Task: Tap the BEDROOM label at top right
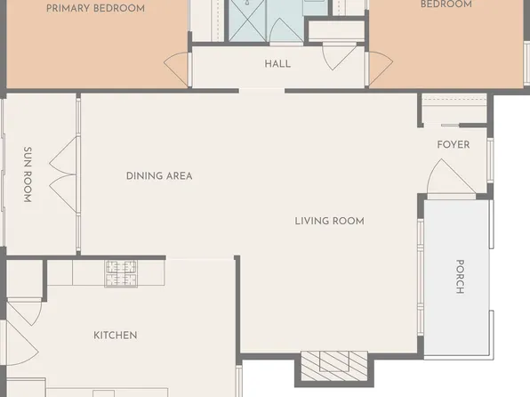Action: (446, 4)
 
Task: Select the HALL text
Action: (277, 64)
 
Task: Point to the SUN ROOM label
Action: (28, 175)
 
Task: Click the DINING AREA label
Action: (159, 176)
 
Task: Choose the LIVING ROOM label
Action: (329, 221)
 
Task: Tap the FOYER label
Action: (454, 144)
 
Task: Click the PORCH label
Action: (460, 276)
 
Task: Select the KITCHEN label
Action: (116, 336)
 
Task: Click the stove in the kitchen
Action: (121, 272)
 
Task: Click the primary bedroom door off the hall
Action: (178, 69)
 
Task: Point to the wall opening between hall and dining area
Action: (261, 90)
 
